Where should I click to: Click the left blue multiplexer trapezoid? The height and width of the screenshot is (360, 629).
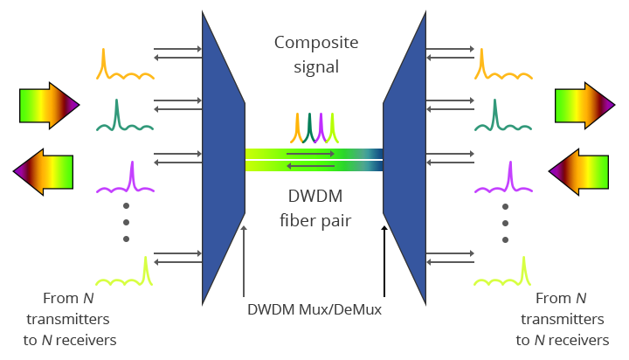pos(222,157)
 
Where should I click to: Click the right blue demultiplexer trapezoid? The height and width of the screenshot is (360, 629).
pos(404,157)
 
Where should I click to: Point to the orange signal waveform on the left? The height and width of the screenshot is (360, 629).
pos(125,66)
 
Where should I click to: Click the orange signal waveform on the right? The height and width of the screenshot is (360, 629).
pos(502,66)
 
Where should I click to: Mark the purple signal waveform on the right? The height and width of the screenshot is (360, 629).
pos(502,179)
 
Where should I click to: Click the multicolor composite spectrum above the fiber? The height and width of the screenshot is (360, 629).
pos(314,128)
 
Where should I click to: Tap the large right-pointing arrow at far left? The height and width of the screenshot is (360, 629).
pos(49,107)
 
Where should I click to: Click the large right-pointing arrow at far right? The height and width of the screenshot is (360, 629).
pos(584,107)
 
